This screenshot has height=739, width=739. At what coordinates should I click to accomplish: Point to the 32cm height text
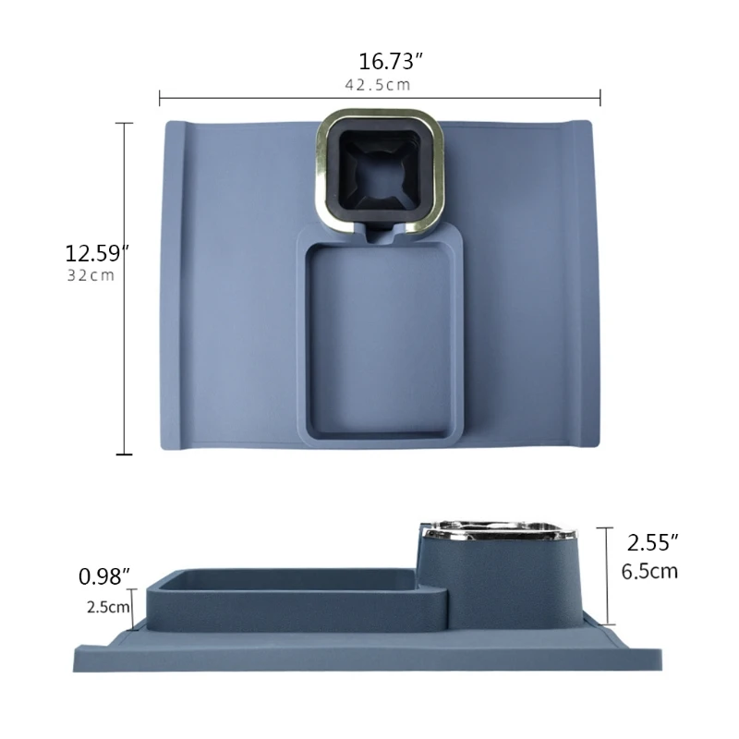point(91,276)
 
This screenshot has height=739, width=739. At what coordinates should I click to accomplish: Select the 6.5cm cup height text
point(649,571)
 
